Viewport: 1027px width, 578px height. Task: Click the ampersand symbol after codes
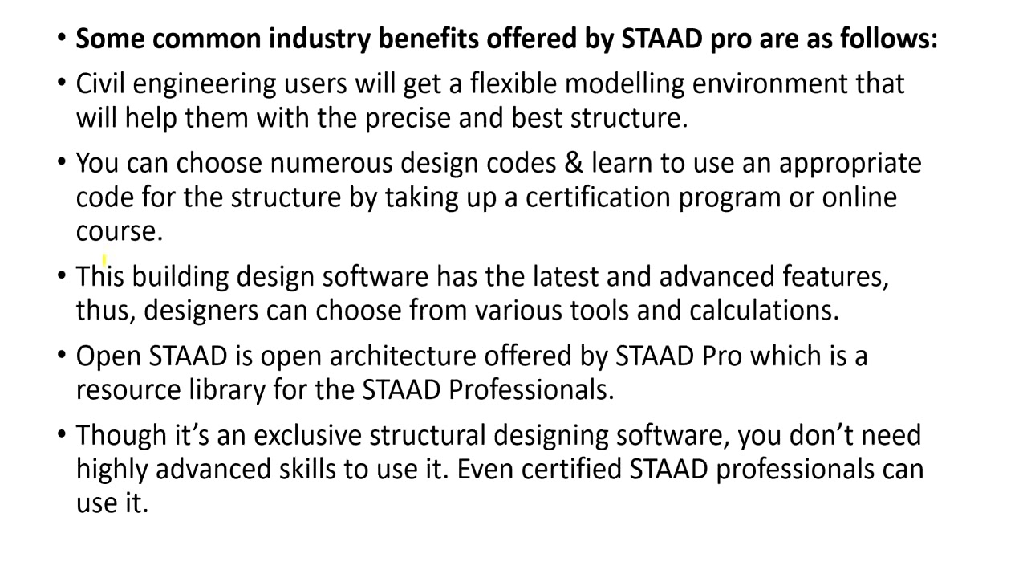click(574, 163)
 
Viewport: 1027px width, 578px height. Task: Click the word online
click(859, 197)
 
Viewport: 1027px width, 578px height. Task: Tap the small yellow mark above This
click(104, 259)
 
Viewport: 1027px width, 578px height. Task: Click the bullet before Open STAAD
click(63, 356)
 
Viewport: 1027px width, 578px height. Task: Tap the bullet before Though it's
click(63, 435)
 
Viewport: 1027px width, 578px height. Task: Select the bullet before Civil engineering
click(63, 83)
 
